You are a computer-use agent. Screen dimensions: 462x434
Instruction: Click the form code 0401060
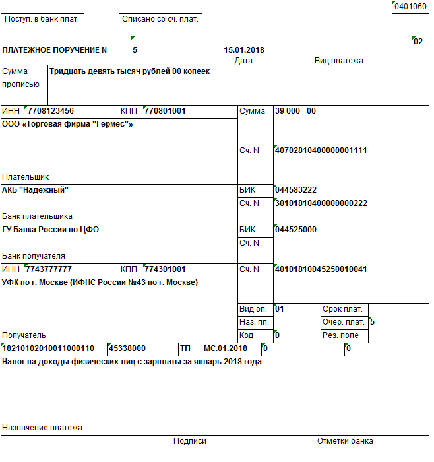point(410,7)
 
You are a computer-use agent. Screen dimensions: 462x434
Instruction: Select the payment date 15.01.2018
point(244,50)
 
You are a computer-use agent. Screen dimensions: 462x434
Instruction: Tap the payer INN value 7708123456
point(51,111)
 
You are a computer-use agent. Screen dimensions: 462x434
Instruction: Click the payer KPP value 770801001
point(165,111)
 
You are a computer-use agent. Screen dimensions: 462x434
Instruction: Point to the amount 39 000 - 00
point(295,111)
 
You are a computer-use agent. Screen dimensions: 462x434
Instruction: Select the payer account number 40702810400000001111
point(321,150)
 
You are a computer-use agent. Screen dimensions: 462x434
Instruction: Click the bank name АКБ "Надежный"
point(36,190)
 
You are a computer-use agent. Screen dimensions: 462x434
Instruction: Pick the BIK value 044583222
point(296,190)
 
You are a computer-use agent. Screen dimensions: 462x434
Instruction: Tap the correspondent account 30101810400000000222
point(321,203)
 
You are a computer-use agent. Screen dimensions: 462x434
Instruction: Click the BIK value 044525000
point(296,230)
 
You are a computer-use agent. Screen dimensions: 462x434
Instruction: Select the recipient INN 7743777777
point(49,269)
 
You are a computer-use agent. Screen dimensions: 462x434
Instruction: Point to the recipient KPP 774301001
point(165,269)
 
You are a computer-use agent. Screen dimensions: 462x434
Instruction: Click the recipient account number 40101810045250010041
point(321,269)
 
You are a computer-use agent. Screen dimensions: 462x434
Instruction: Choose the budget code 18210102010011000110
point(49,348)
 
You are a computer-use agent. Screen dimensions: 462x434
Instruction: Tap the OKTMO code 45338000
point(128,348)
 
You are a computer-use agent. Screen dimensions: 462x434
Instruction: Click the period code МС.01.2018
point(226,348)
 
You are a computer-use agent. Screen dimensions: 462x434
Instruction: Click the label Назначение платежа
point(42,428)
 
